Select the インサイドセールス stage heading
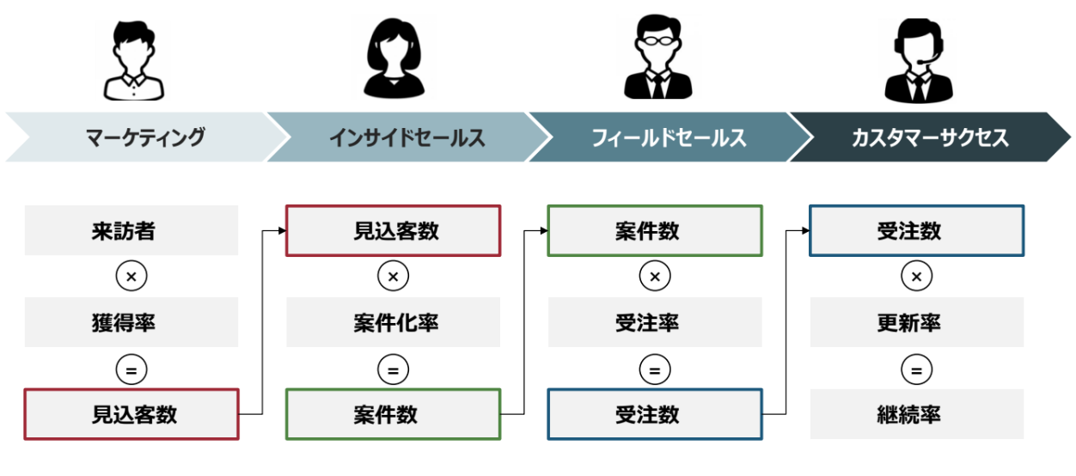coord(406,137)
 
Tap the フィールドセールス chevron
coord(668,137)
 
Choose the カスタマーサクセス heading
coord(929,137)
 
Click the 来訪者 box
coord(131,230)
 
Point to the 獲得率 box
coord(131,322)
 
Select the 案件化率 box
coord(393,322)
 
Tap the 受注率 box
coord(654,322)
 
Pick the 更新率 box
coord(916,322)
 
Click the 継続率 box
coord(916,414)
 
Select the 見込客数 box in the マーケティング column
coord(131,414)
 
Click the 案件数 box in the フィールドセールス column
coord(654,230)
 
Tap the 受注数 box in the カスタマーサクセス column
coord(916,230)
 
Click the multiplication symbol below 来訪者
coord(131,277)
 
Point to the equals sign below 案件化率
coord(393,369)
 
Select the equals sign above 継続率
coord(916,369)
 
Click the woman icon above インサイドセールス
coord(394,57)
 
